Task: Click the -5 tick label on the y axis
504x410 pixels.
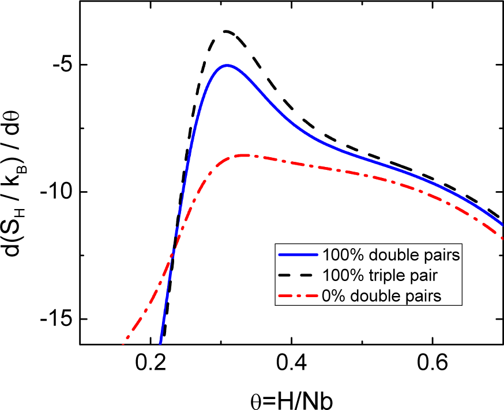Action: [59, 65]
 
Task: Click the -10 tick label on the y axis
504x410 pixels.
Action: [54, 192]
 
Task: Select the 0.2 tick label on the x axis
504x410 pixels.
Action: [151, 364]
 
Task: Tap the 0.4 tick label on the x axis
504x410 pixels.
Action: [292, 364]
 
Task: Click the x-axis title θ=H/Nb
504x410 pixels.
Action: [292, 396]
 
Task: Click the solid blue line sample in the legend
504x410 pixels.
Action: [296, 255]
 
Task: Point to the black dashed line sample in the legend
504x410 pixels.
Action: [296, 275]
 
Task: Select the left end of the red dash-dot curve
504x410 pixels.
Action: [123, 344]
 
